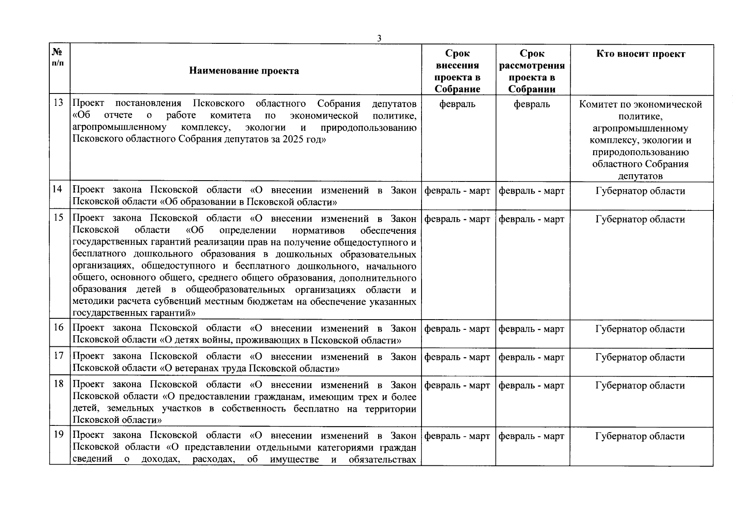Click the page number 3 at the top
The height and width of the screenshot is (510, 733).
click(379, 38)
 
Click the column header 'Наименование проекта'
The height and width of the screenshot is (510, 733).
click(244, 71)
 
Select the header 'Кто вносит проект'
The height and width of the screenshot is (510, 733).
click(641, 54)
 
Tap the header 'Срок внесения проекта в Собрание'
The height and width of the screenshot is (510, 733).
click(457, 71)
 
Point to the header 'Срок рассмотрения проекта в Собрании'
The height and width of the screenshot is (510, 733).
click(532, 71)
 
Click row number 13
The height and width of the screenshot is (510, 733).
click(59, 103)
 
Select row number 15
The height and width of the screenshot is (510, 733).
click(59, 218)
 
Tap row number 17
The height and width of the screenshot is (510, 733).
click(59, 356)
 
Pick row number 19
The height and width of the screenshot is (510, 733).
click(59, 434)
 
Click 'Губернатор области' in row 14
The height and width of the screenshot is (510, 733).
click(640, 191)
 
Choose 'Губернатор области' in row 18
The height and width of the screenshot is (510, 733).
click(640, 386)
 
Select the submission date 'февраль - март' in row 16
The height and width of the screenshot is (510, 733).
click(457, 329)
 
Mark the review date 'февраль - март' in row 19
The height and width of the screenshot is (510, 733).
click(531, 436)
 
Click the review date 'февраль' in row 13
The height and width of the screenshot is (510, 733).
click(531, 105)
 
